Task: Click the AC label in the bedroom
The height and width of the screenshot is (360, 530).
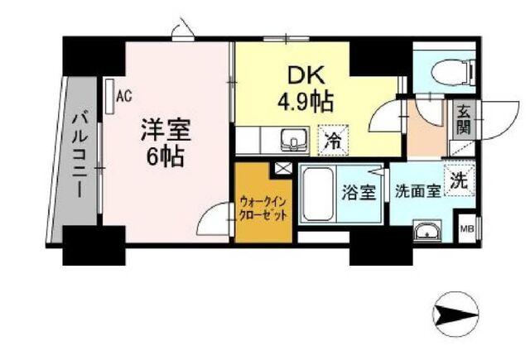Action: tap(123, 96)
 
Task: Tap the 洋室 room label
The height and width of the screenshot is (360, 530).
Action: tap(166, 130)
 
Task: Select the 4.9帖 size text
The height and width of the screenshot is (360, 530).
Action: tap(305, 102)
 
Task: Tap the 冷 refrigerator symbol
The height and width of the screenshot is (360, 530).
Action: tap(331, 140)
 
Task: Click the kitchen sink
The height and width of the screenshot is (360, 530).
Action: tap(291, 138)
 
